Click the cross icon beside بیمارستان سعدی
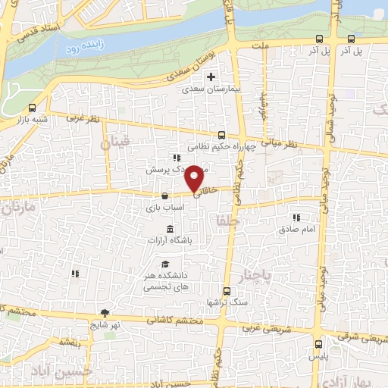click(x=212, y=77)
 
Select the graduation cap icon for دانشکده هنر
click(x=164, y=264)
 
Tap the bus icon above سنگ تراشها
click(x=227, y=291)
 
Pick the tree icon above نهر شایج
click(x=105, y=313)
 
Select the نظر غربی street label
click(x=83, y=118)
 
